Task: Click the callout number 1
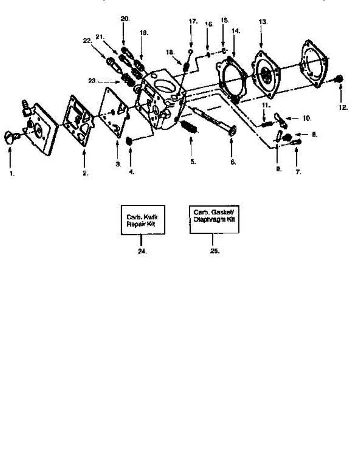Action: coord(12,174)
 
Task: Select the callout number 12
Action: coord(342,108)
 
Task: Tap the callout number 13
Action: coord(263,22)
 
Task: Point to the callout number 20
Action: coord(125,19)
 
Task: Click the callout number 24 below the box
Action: coord(142,251)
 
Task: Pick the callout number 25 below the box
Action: coord(215,251)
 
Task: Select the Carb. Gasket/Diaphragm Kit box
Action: coord(214,219)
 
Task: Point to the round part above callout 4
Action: coord(131,141)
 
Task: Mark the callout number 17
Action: coord(193,21)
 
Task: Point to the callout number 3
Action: coord(118,164)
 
